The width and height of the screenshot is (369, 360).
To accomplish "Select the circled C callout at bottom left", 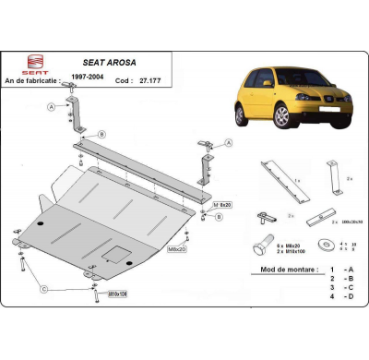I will point(42,289).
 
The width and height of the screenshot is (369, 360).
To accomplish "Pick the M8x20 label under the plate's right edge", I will point(176,248).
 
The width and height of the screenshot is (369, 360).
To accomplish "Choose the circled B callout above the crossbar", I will point(101,133).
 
